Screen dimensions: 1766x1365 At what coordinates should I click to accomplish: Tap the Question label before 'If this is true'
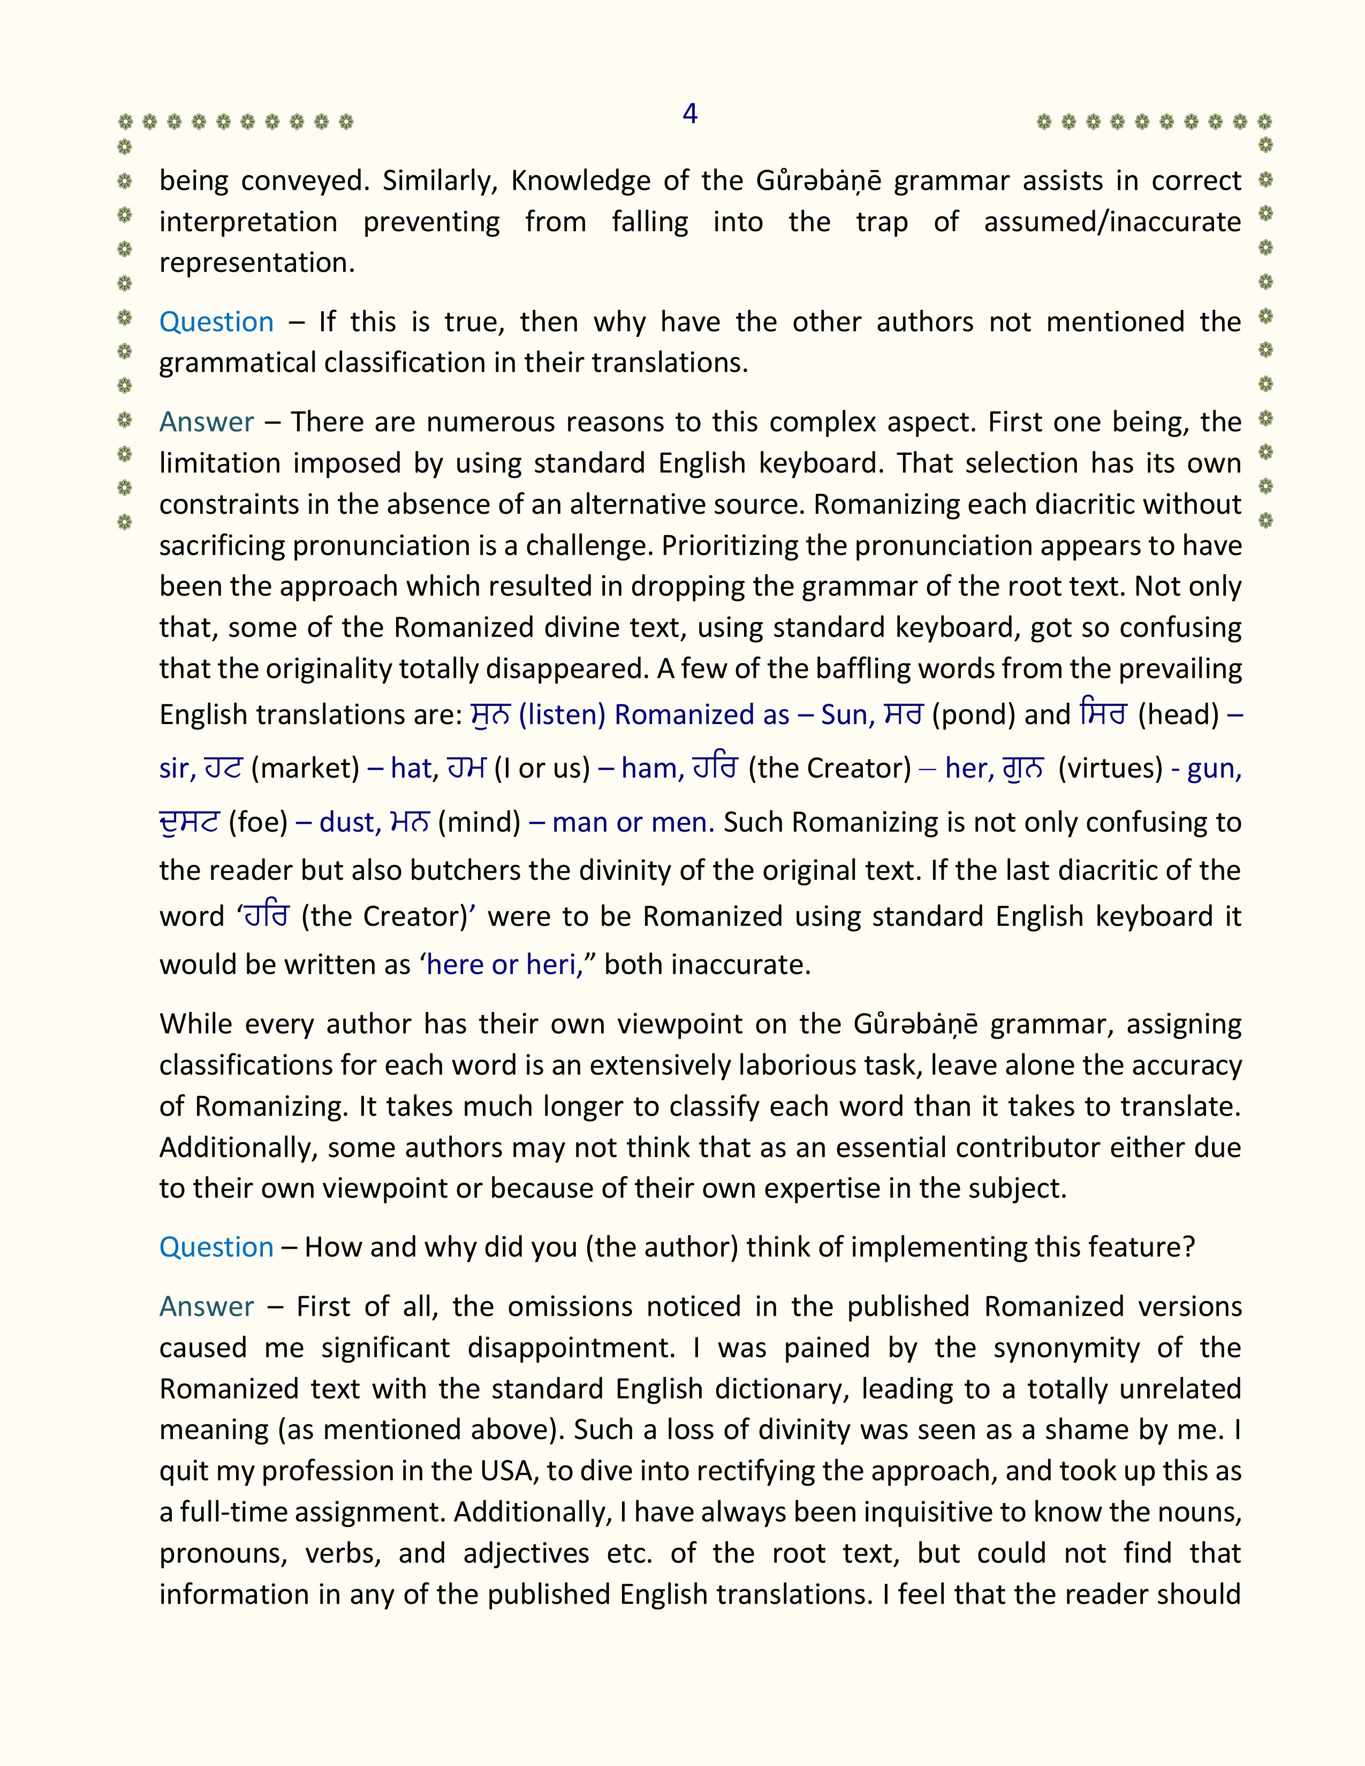point(216,322)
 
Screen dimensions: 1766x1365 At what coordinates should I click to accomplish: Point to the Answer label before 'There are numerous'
point(206,422)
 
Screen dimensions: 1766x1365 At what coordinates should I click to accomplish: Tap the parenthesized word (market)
point(305,767)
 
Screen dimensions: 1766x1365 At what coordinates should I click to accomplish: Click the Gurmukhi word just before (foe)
point(189,823)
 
